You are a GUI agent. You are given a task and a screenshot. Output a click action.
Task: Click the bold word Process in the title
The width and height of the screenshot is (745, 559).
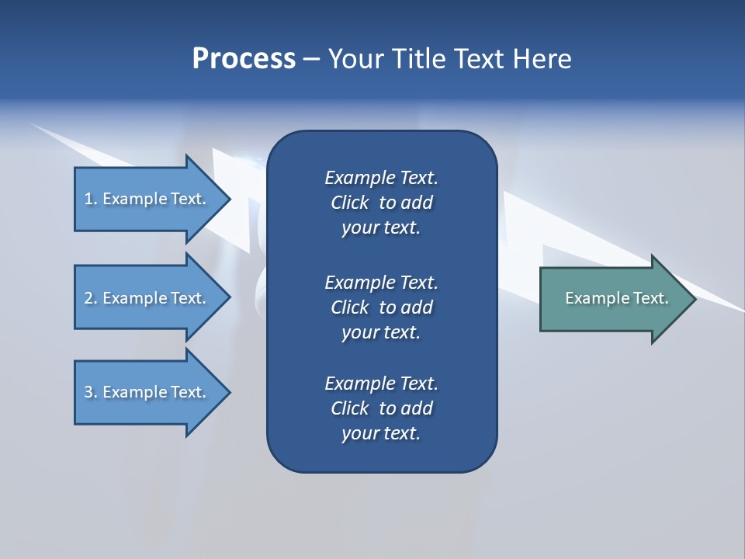pos(244,59)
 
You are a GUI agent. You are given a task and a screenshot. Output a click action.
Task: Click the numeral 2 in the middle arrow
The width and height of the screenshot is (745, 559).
pos(88,298)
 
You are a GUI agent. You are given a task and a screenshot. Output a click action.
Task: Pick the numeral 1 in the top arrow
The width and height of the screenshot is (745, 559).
pos(88,199)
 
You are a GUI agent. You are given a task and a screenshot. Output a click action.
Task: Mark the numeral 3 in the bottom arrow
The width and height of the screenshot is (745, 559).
pos(88,392)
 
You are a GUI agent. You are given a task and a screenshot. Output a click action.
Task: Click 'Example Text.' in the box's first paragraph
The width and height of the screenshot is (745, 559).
pos(381,178)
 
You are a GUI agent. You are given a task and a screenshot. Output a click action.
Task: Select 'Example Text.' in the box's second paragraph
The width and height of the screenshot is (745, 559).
pos(381,282)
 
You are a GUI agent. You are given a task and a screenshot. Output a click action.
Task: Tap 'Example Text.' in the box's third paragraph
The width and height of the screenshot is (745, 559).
pos(381,384)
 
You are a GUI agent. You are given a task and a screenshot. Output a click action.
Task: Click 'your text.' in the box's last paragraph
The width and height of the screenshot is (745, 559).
pos(381,433)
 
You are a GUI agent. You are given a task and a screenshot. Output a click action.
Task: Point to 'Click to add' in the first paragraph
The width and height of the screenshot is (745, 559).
pos(381,203)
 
